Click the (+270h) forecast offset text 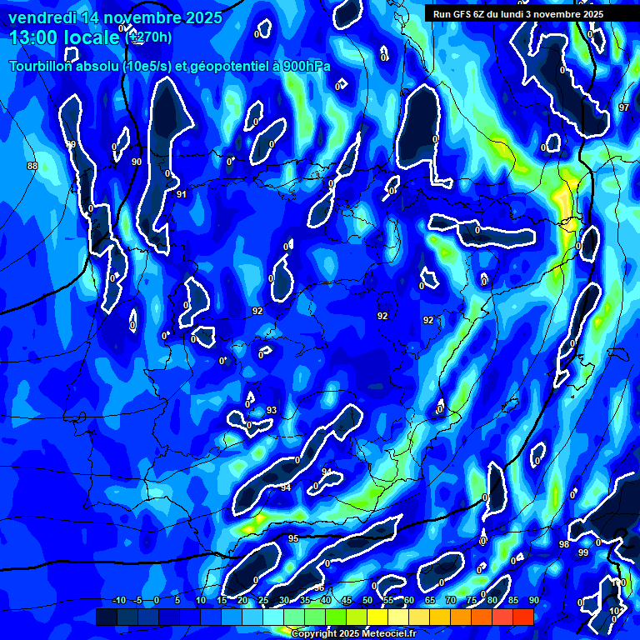click(149, 37)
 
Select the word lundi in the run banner click(526, 14)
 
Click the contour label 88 click(32, 166)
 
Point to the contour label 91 click(182, 194)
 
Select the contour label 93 click(272, 410)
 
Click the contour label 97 click(624, 108)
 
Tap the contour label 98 click(564, 544)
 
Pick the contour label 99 click(583, 552)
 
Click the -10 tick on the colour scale click(118, 600)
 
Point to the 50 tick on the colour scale click(367, 600)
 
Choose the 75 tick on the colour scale click(471, 600)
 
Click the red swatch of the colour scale click(522, 617)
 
